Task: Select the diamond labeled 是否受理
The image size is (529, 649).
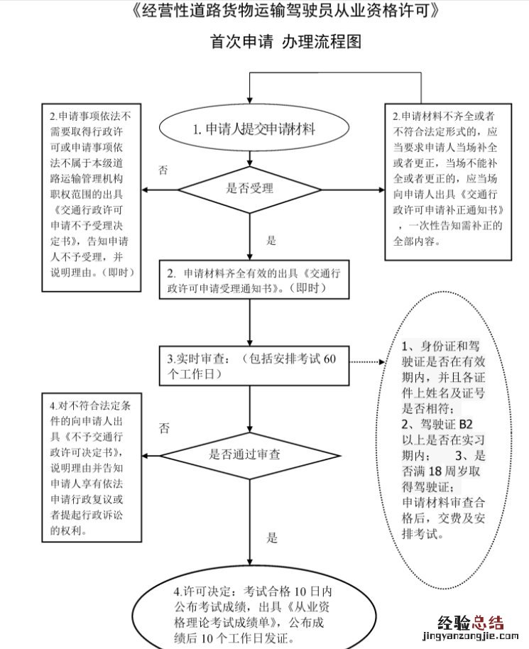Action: coord(249,189)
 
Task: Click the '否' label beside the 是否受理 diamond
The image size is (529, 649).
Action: coord(163,170)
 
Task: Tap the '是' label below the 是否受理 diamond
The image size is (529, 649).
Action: coord(271,241)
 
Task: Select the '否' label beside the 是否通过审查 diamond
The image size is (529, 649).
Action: coord(164,427)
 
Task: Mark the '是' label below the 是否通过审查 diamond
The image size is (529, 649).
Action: coord(271,538)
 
